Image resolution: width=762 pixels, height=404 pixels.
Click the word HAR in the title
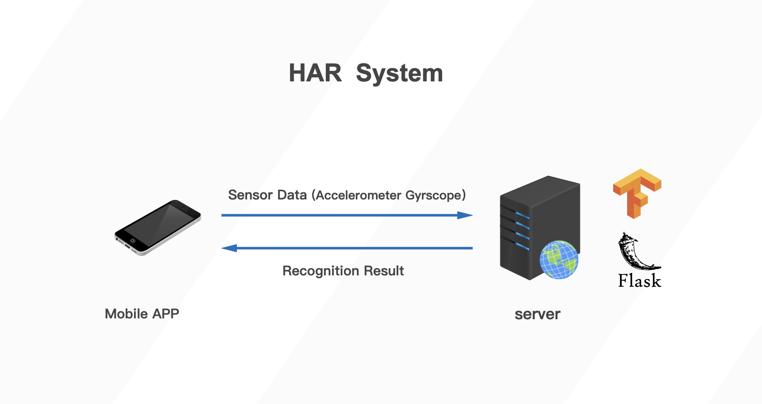pyautogui.click(x=315, y=73)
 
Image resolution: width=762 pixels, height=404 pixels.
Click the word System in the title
pyautogui.click(x=399, y=73)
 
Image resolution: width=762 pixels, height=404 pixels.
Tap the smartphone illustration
pyautogui.click(x=158, y=227)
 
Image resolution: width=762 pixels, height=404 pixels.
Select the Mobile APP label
pyautogui.click(x=142, y=314)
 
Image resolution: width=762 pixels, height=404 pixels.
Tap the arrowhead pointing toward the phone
pyautogui.click(x=229, y=248)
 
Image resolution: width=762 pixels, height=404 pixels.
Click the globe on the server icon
pyautogui.click(x=559, y=260)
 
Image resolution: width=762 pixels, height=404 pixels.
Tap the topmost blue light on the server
pyautogui.click(x=523, y=215)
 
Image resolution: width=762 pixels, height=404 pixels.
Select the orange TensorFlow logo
pyautogui.click(x=637, y=193)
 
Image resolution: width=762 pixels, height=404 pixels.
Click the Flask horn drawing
pyautogui.click(x=634, y=252)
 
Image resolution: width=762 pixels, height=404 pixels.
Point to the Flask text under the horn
pyautogui.click(x=639, y=281)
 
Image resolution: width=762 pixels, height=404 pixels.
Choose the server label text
pyautogui.click(x=537, y=314)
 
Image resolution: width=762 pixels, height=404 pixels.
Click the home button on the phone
pyautogui.click(x=132, y=241)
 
